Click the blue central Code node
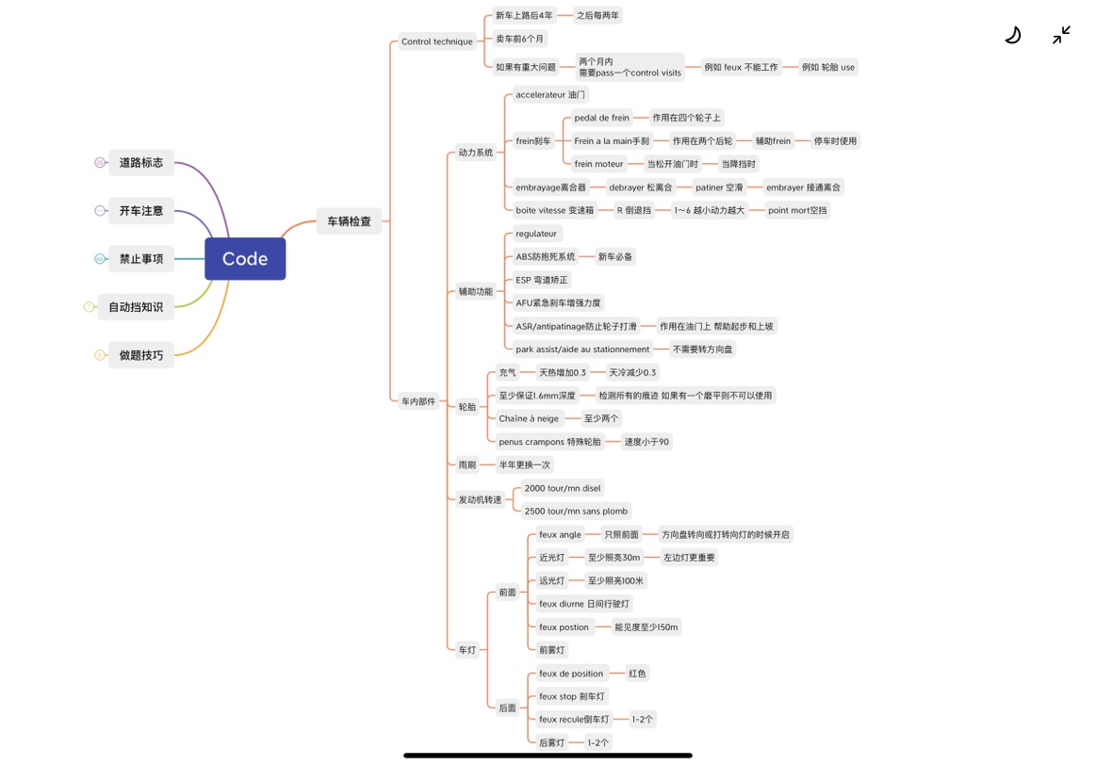(x=245, y=258)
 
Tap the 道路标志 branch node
(x=141, y=163)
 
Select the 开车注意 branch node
(x=141, y=211)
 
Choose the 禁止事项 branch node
(x=141, y=259)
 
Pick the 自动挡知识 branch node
(x=136, y=307)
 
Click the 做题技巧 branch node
(x=141, y=355)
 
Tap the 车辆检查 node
(x=349, y=221)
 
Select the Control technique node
(x=437, y=41)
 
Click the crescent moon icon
(x=1013, y=35)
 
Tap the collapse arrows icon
(x=1062, y=35)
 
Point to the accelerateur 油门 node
(x=550, y=94)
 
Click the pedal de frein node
(x=602, y=118)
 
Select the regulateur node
(x=536, y=234)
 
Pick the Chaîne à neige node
(x=529, y=418)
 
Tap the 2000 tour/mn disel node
(x=563, y=488)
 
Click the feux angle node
(x=560, y=534)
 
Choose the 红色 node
(x=637, y=674)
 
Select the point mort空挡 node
(x=797, y=210)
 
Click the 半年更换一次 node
(x=524, y=464)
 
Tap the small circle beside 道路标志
(x=100, y=163)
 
